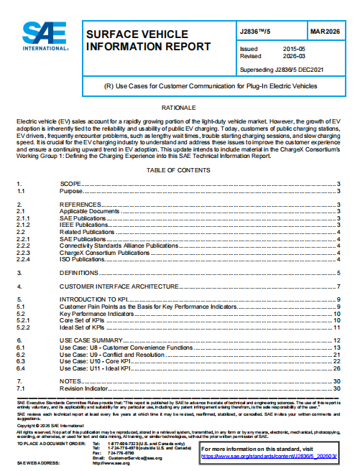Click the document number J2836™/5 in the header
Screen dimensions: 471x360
pyautogui.click(x=257, y=32)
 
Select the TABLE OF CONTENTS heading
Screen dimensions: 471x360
pyautogui.click(x=179, y=170)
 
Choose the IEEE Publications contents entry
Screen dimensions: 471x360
pyautogui.click(x=83, y=225)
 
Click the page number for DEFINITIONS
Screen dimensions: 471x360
pyautogui.click(x=338, y=273)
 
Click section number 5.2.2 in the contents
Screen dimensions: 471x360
pyautogui.click(x=24, y=327)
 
